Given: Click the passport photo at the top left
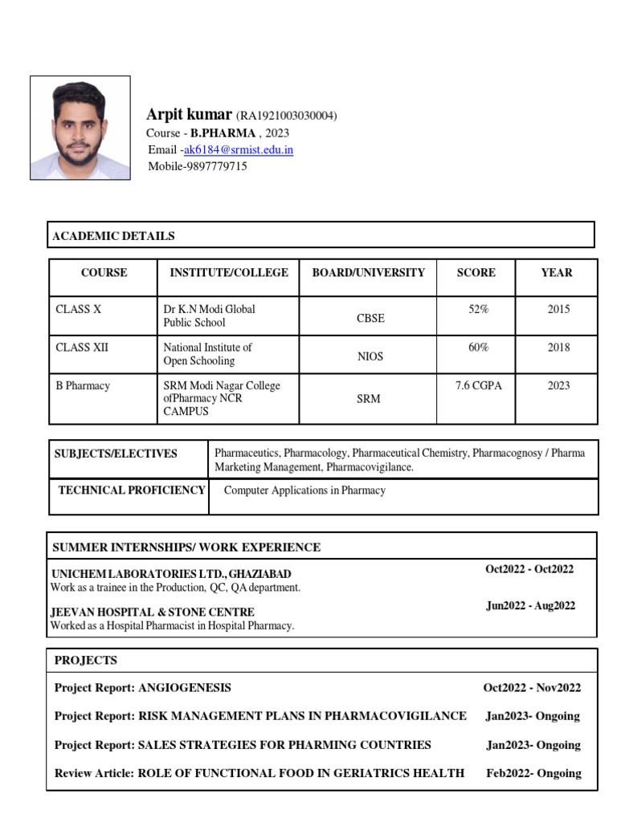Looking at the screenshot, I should [80, 128].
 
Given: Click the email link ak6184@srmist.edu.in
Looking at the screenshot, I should [238, 150].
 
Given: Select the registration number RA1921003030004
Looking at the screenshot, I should [286, 116].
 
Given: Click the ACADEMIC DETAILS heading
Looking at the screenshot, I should [113, 236].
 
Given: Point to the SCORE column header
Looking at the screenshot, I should [476, 273].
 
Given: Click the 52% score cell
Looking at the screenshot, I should [478, 309].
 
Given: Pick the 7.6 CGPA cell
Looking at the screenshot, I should [478, 386].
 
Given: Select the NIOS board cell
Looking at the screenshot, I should [370, 356].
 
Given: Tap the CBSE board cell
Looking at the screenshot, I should [370, 318].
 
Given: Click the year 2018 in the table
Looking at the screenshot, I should [558, 348].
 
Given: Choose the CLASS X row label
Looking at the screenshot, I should [78, 309].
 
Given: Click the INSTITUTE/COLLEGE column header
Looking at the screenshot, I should [228, 273].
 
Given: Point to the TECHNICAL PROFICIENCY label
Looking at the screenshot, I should [131, 490].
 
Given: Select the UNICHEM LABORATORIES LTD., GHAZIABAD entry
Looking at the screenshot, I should [171, 575].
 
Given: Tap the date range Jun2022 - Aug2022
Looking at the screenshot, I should [530, 606].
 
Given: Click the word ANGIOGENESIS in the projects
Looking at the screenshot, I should [185, 688].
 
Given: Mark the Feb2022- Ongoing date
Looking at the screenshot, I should [533, 773].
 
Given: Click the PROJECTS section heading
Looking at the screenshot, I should [85, 661].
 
